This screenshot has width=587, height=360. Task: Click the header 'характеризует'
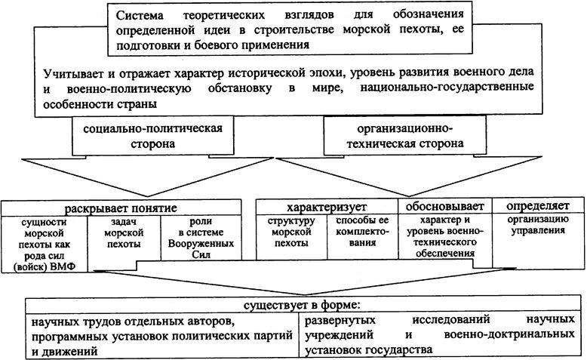tap(326, 206)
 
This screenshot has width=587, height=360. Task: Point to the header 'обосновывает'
tap(445, 206)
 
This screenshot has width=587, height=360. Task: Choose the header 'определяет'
tap(538, 205)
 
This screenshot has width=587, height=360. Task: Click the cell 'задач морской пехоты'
tap(124, 233)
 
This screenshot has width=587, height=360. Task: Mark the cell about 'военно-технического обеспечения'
tap(445, 238)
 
